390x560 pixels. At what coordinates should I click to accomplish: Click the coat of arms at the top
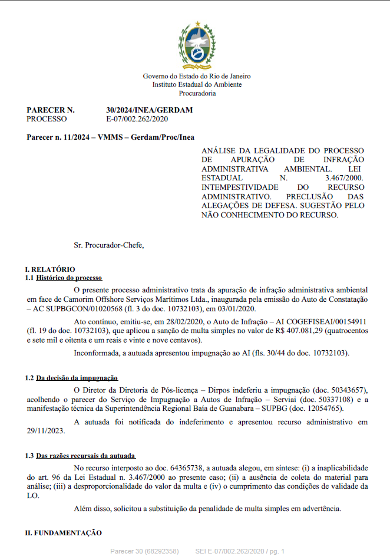click(197, 46)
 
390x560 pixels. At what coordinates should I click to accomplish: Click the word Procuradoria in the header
click(197, 93)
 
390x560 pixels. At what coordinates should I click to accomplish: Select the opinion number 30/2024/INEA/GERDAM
click(149, 110)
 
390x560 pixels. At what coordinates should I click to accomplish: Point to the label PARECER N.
click(51, 110)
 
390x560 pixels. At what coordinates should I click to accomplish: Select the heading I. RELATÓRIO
click(50, 269)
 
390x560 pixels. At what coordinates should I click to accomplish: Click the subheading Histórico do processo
click(69, 277)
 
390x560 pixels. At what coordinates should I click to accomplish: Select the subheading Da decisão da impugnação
click(77, 377)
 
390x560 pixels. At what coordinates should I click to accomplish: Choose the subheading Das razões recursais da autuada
click(85, 456)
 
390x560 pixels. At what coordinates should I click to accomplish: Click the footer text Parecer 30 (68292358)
click(144, 551)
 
